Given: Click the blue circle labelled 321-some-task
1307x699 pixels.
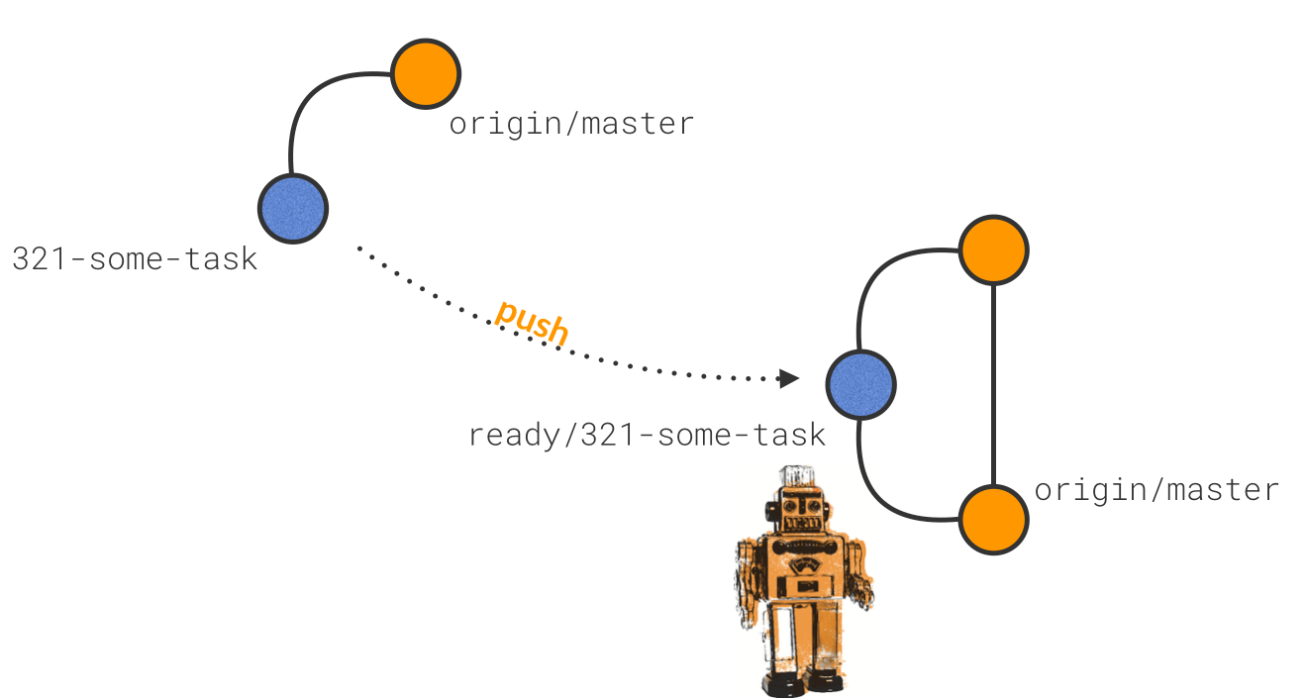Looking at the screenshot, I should tap(293, 209).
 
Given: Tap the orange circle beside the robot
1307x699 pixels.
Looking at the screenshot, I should tap(993, 519).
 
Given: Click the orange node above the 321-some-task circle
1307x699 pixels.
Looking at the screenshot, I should tap(426, 73).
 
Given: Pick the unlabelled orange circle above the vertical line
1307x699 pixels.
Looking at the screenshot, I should tap(993, 250).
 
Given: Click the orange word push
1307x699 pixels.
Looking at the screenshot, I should tap(533, 323).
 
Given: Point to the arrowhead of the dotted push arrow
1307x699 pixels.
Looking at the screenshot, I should tap(788, 378).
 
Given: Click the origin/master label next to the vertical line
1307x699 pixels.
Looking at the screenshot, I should tap(1156, 490).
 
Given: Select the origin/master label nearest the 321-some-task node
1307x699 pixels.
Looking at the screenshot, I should tap(571, 124).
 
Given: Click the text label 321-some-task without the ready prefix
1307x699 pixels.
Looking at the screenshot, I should tap(135, 259).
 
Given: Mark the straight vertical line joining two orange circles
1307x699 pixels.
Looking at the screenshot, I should tap(993, 386).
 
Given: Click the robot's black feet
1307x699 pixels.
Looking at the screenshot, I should tap(802, 682).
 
